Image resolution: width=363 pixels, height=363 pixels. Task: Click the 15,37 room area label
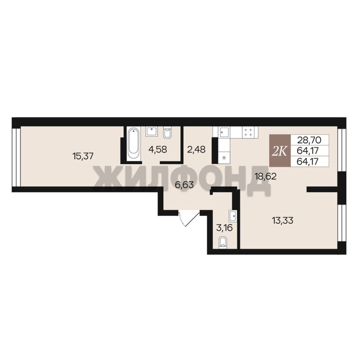(x=83, y=156)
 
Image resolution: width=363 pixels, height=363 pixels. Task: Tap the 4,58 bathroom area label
(x=158, y=149)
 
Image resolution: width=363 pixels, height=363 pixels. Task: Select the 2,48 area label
(x=196, y=149)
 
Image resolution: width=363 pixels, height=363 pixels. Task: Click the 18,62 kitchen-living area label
(x=266, y=177)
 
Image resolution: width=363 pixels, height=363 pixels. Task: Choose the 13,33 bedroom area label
(x=283, y=220)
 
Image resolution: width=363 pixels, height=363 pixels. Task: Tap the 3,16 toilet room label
(x=224, y=228)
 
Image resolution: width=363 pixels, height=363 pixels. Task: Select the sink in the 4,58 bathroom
(x=152, y=131)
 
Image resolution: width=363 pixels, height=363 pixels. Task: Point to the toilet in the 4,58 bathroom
(x=167, y=133)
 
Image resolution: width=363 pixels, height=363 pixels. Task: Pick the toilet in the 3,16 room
(x=223, y=243)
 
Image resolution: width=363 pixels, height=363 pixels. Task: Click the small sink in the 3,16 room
(x=232, y=216)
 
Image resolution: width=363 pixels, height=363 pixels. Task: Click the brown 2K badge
(x=280, y=151)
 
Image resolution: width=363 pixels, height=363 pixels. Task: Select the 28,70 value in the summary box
(x=309, y=140)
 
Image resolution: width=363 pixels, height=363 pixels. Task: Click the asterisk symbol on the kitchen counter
(x=224, y=158)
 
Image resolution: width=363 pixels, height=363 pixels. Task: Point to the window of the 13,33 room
(x=341, y=223)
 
